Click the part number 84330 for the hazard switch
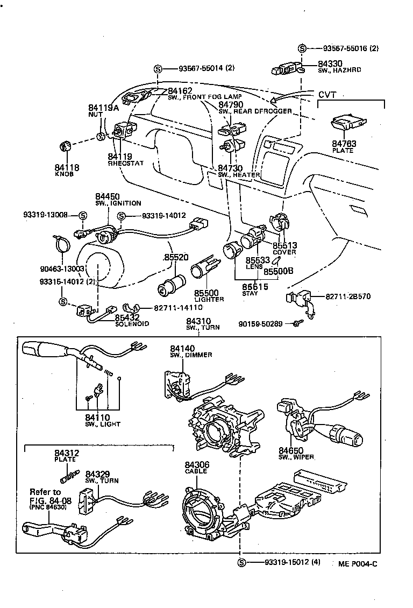point(330,63)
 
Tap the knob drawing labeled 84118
point(65,146)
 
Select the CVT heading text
point(327,95)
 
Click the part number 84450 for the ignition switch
point(108,197)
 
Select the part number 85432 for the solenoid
point(127,317)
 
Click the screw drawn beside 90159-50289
point(296,323)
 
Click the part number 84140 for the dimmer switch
point(182,349)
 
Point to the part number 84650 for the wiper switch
point(291,450)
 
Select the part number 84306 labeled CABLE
point(197,464)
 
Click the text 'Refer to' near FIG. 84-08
point(45,492)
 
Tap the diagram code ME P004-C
point(358,563)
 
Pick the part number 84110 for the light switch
point(97,417)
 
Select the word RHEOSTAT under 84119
point(126,163)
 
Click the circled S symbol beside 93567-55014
point(158,69)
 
